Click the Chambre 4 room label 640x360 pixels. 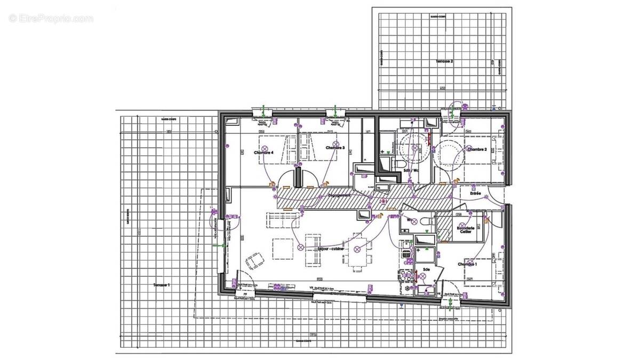point(263,153)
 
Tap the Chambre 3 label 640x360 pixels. point(335,148)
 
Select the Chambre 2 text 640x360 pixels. point(476,149)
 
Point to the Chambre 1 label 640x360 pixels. point(467,264)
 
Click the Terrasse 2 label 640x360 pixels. point(445,62)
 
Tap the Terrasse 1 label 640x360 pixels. point(161,285)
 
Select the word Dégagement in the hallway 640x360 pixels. point(340,195)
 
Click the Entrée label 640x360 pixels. point(475,193)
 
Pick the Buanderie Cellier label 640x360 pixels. point(465,229)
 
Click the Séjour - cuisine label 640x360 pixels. point(331,249)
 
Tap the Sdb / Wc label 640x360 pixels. point(411,171)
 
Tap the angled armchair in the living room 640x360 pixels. point(254,261)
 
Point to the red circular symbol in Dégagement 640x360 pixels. point(383,201)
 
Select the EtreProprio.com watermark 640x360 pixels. point(51,19)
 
